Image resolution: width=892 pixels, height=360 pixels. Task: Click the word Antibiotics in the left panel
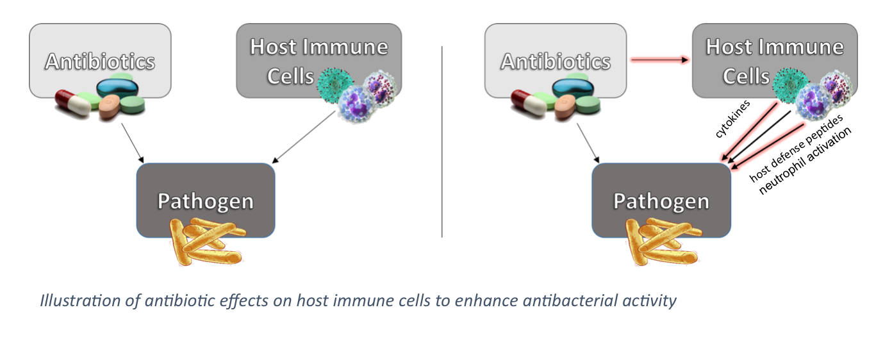100,62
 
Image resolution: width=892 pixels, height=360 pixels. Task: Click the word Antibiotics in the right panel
556,62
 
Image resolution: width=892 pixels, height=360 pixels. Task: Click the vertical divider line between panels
442,141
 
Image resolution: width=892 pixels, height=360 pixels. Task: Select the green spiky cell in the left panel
338,85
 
